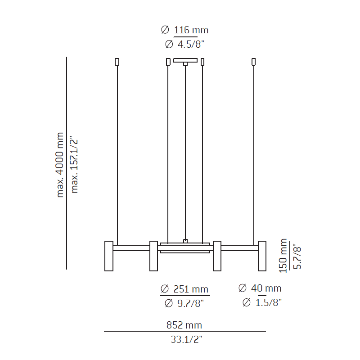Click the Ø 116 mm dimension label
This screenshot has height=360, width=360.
click(184, 30)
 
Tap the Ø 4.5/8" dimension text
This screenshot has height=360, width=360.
click(184, 44)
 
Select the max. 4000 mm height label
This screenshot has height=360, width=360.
click(60, 165)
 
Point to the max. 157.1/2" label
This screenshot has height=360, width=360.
click(74, 165)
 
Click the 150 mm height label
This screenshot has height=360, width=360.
click(283, 256)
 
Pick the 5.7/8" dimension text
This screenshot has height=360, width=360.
click(297, 256)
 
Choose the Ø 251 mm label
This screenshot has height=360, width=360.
click(184, 288)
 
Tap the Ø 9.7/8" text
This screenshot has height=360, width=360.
click(184, 303)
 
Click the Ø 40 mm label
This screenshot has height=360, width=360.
click(260, 288)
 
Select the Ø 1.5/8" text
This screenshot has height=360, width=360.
click(262, 303)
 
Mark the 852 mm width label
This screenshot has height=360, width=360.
click(184, 325)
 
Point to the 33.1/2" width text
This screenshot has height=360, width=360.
click(184, 340)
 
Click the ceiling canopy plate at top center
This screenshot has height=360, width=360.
click(185, 60)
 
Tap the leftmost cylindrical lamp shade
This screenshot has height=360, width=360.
click(109, 256)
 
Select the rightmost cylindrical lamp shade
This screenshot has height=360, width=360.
click(262, 256)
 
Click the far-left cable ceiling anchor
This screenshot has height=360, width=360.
click(117, 62)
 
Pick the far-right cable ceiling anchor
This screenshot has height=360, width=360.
click(253, 62)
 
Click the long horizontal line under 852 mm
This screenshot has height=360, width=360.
click(184, 331)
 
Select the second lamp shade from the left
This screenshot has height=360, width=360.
click(153, 256)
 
